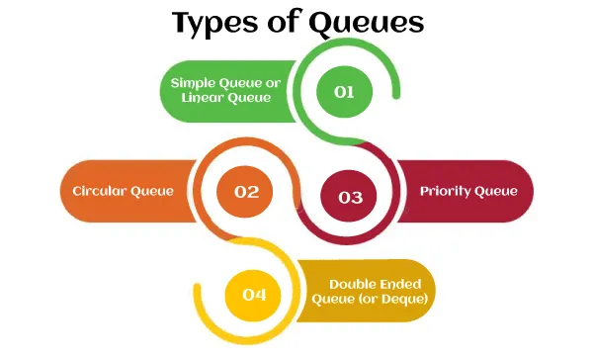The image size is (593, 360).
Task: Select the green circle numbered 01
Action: (x=344, y=92)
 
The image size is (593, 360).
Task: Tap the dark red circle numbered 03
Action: (x=350, y=196)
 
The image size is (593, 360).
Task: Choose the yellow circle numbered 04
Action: (x=255, y=293)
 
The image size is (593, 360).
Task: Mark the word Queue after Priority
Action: (x=496, y=191)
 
